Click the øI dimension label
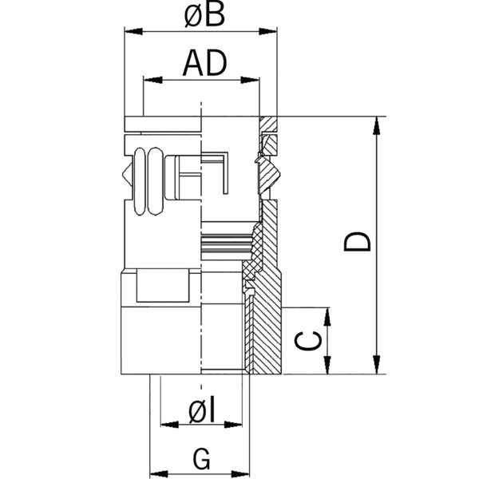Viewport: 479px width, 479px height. coord(203,410)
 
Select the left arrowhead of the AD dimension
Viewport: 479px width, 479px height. coord(149,79)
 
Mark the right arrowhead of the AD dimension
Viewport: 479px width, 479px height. coord(253,79)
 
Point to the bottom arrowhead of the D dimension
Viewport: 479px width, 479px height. coord(376,367)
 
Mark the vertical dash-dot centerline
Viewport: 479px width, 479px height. coord(203,239)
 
